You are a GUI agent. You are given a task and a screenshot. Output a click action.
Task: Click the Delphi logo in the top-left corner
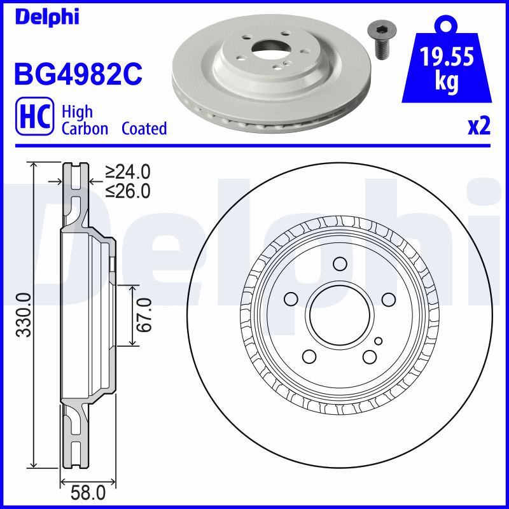47,17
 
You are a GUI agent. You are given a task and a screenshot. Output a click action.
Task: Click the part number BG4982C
78,74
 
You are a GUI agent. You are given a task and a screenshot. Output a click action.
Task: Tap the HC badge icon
35,116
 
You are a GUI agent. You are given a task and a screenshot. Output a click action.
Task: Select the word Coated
144,129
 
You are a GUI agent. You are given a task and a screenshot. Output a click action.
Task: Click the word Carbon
85,129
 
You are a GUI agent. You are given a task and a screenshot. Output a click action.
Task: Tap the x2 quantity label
479,127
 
